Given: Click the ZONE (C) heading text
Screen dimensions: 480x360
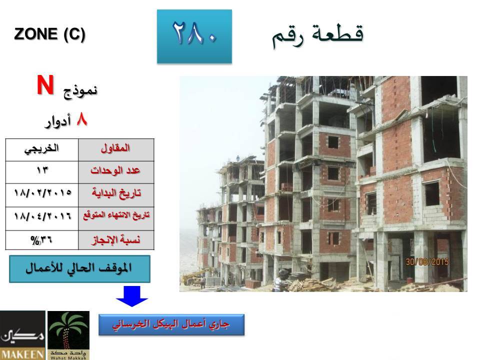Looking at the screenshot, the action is point(49,34).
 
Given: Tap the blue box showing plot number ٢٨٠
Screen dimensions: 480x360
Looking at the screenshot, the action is point(194,36).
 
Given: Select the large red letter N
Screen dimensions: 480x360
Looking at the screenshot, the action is point(45,85).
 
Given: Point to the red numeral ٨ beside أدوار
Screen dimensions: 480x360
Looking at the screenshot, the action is point(81,119).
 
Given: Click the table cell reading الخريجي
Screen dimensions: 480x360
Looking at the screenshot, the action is point(41,149).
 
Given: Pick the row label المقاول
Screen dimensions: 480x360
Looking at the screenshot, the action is point(115,148).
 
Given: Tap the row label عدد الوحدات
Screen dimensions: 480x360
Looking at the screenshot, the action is point(115,170).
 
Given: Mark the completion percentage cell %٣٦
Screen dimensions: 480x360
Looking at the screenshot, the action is point(41,240).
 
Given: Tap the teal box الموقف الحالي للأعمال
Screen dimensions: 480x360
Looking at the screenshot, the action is point(79,269).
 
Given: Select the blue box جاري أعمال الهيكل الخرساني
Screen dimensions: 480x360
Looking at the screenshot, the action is point(171,325).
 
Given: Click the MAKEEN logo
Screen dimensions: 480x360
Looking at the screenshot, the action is point(22,335).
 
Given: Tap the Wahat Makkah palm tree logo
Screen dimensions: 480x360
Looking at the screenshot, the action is point(68,335).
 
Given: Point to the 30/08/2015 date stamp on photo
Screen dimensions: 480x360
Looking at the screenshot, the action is point(427,262).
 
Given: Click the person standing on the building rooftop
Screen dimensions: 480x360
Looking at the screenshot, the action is point(237,158).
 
